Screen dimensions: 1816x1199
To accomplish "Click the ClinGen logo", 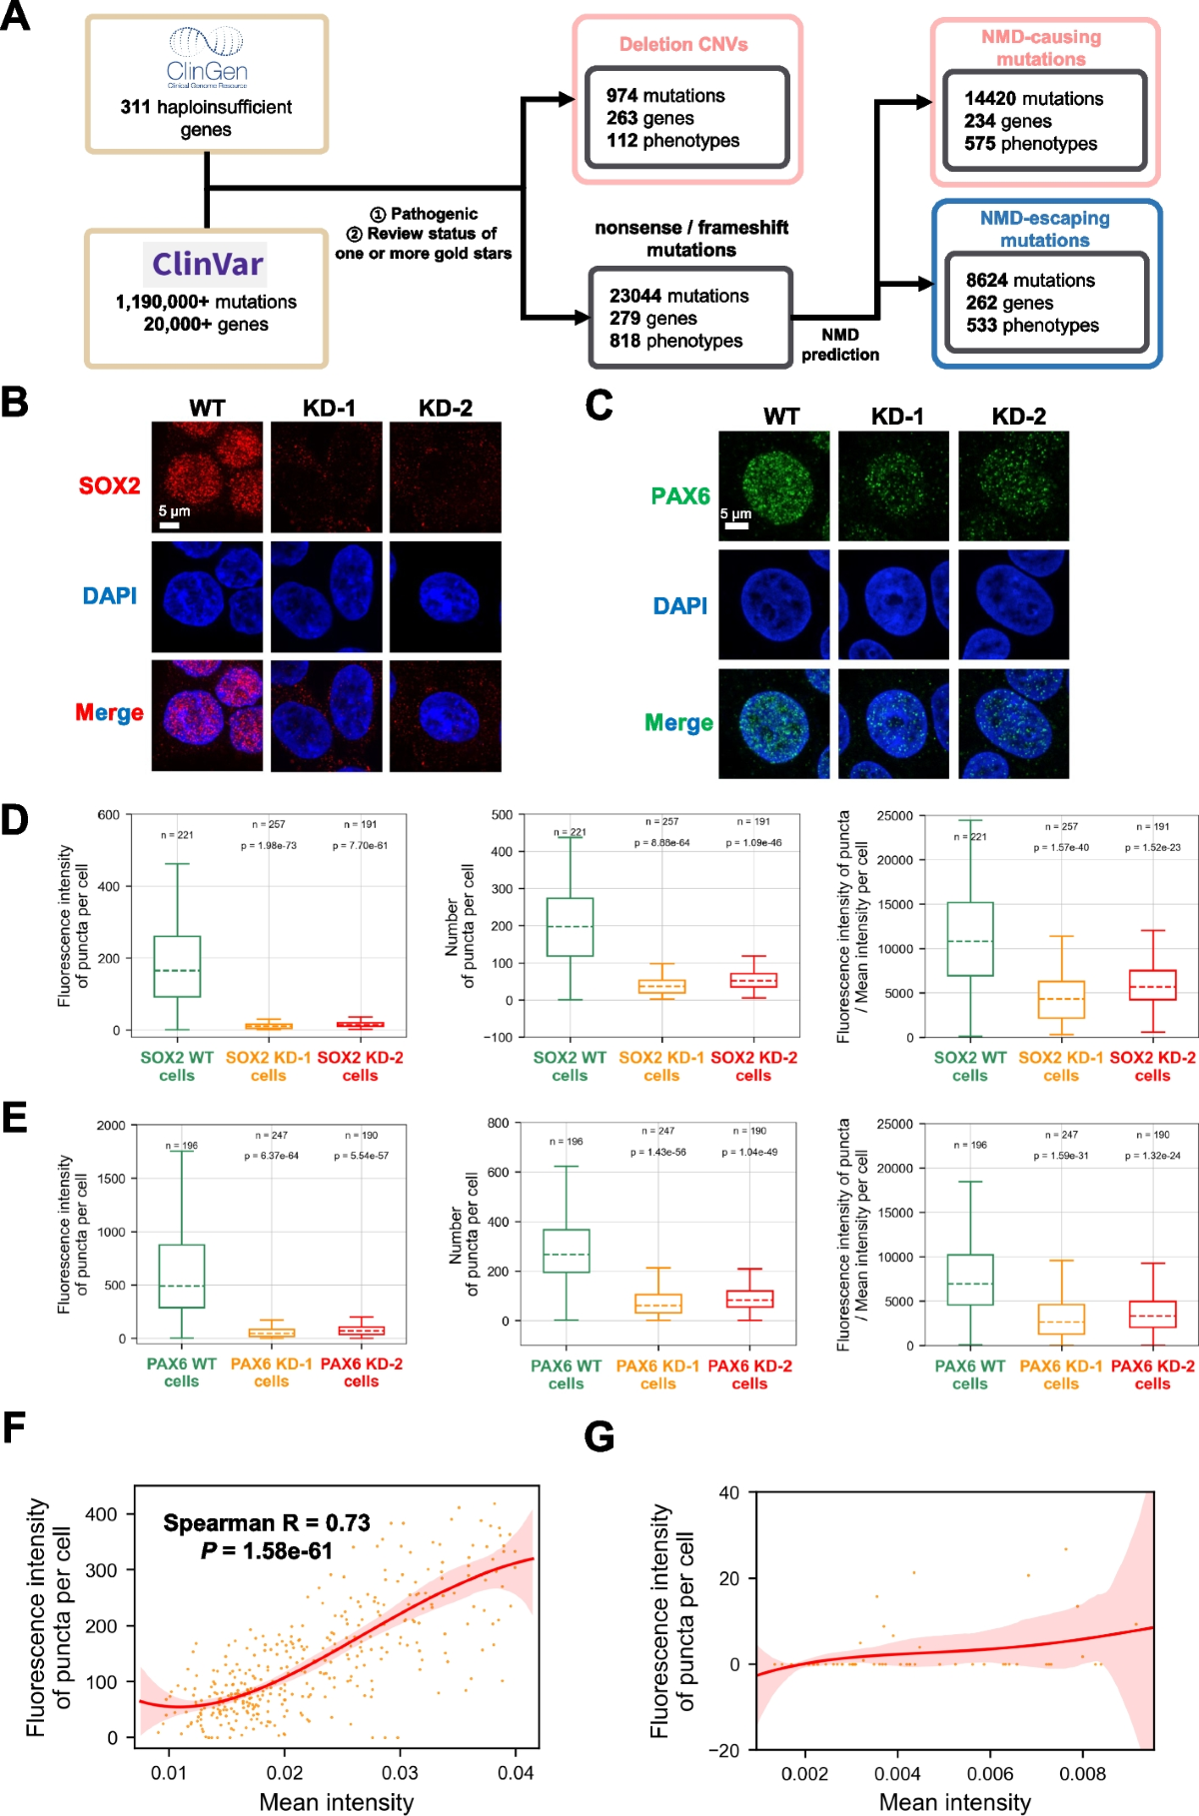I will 206,57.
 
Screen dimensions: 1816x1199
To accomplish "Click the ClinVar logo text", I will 207,264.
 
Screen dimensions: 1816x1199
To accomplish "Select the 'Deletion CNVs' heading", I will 683,44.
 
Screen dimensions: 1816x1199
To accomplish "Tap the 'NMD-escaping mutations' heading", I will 1044,229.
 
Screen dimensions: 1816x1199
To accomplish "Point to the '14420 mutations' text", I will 1033,99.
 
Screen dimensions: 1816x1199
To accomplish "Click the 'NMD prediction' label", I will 840,345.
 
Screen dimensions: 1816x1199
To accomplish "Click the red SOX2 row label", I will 110,485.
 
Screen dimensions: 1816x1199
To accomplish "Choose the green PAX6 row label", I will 680,495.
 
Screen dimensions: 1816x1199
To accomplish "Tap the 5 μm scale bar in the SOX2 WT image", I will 170,523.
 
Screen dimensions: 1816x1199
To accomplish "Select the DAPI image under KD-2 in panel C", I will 1013,604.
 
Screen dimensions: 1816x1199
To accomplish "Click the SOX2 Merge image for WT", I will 207,715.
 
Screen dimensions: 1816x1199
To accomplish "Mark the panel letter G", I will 599,1436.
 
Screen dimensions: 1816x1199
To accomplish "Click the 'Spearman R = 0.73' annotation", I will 267,1523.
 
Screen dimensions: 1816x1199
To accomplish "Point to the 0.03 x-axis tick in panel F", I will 400,1772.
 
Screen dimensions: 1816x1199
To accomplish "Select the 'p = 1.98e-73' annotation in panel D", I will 268,845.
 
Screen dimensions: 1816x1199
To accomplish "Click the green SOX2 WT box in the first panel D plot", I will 177,966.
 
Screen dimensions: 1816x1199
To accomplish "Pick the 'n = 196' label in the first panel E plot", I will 182,1146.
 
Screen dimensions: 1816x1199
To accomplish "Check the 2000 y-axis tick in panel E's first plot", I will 111,1126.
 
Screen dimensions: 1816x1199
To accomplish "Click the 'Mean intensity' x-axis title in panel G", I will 954,1801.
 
